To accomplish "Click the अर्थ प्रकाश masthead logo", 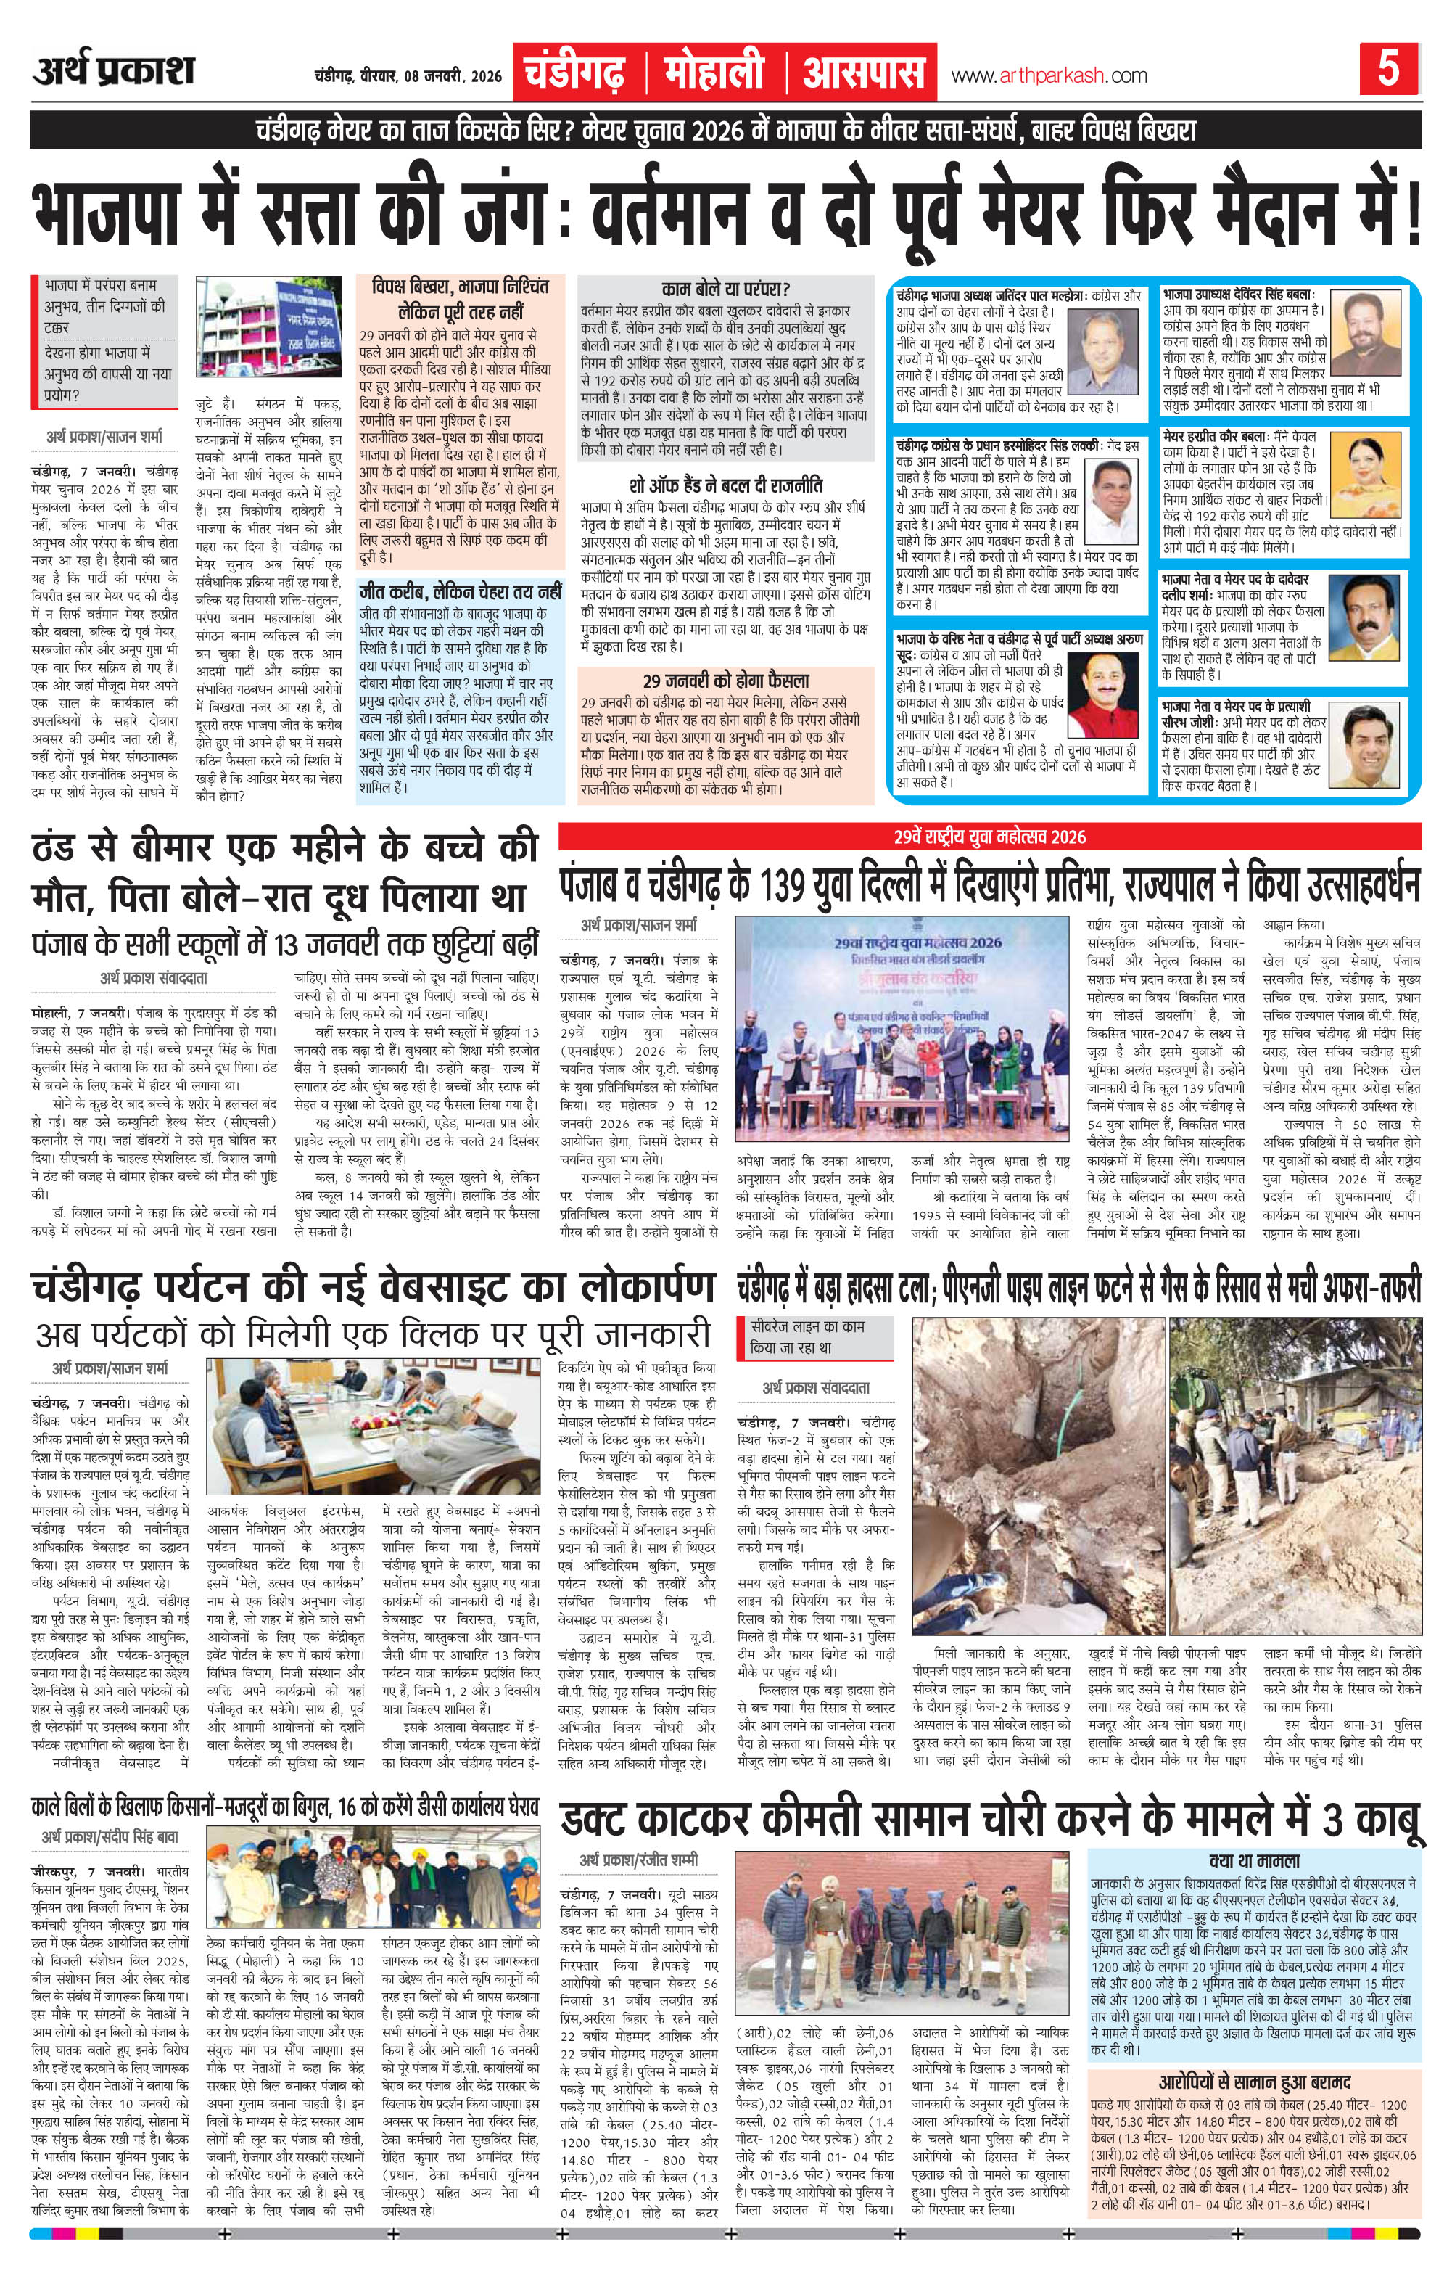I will pos(113,72).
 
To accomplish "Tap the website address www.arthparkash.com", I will pos(1048,76).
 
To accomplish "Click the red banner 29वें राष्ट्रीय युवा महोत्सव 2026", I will pos(990,837).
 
